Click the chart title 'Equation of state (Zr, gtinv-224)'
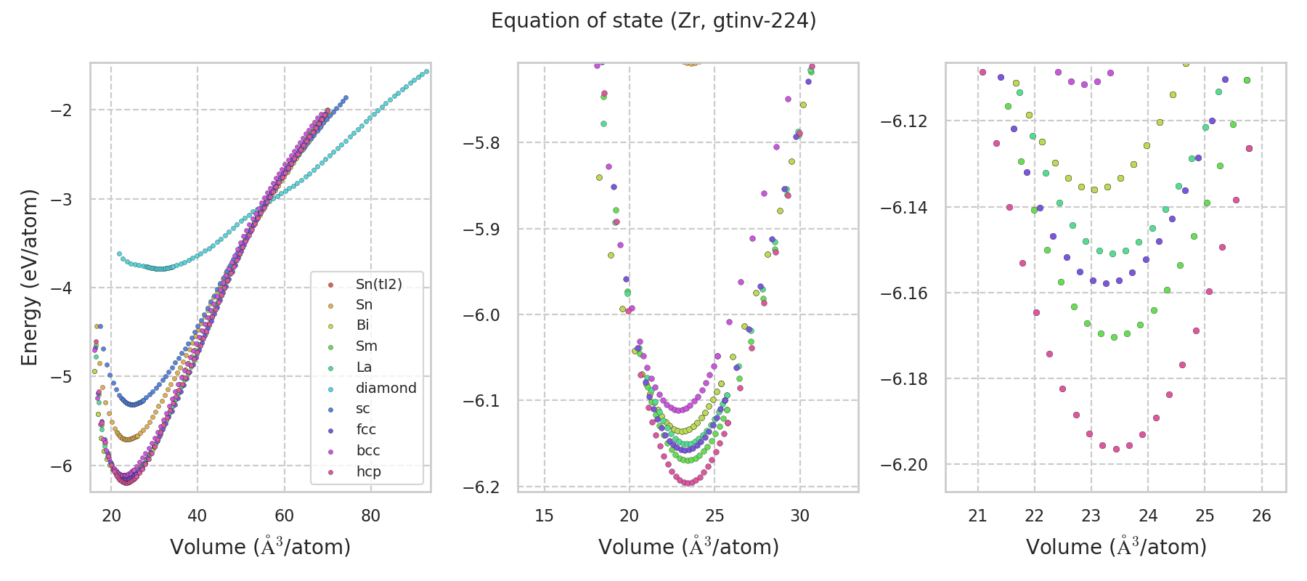coord(653,21)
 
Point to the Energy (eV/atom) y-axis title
coord(29,277)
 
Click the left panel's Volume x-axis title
coord(260,547)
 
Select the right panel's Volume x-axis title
coord(1116,547)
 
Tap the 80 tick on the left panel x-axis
coord(370,516)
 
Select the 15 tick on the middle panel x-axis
coord(544,516)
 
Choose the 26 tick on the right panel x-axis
coord(1262,516)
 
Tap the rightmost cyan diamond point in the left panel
coord(426,71)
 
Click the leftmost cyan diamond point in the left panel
coord(120,253)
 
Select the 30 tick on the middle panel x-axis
coord(800,516)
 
